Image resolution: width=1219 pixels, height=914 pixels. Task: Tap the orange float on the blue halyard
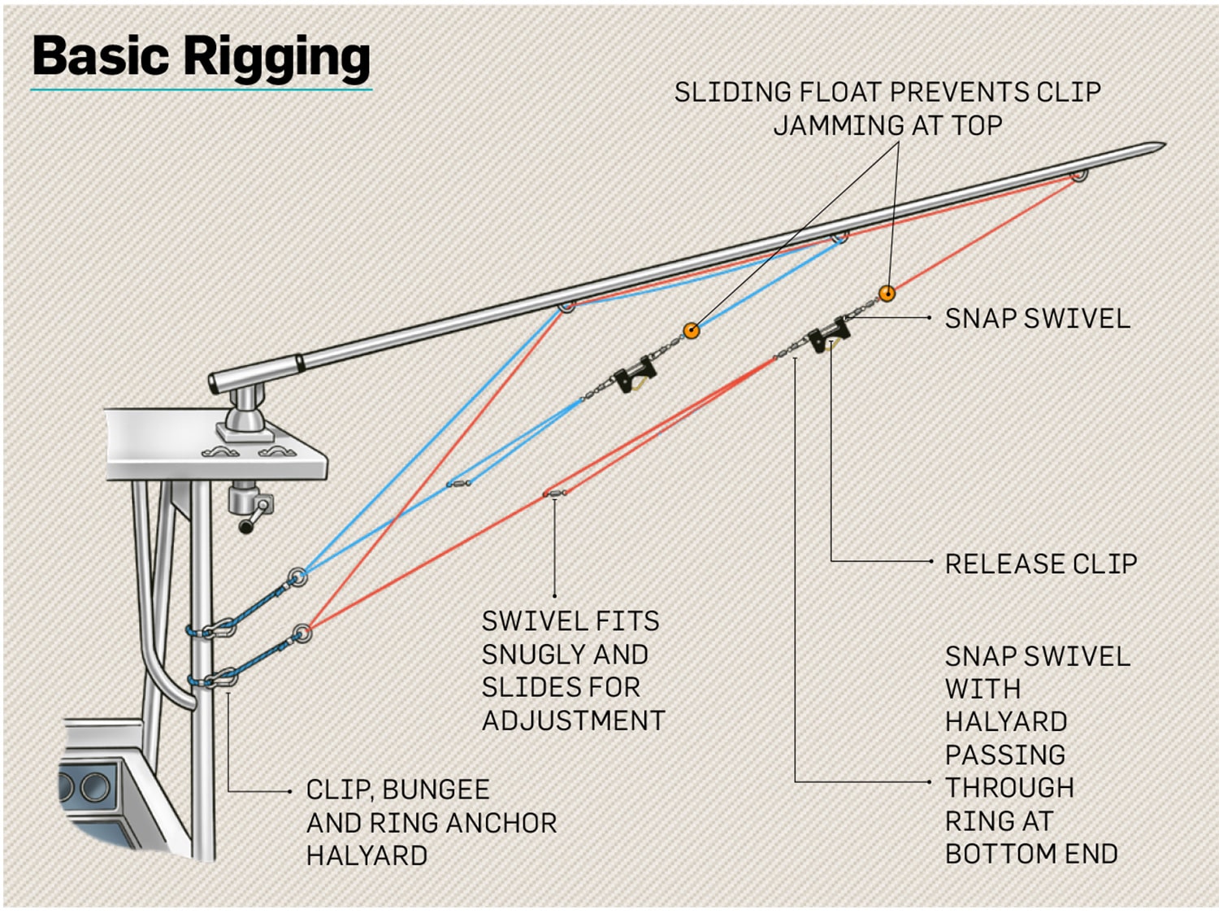tap(692, 330)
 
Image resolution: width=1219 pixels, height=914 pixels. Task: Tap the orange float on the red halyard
tap(887, 294)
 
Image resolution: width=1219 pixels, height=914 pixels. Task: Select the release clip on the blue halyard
tap(634, 374)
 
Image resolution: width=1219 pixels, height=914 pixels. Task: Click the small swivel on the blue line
tap(459, 484)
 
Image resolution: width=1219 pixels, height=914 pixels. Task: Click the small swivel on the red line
tap(555, 493)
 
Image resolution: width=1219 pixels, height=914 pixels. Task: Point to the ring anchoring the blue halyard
tap(298, 577)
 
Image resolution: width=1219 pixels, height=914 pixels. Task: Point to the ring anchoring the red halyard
tap(302, 632)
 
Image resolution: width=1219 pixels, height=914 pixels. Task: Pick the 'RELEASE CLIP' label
tap(1040, 564)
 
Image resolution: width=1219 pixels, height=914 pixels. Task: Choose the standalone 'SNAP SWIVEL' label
tap(1037, 318)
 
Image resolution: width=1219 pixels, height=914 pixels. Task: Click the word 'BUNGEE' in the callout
tap(436, 790)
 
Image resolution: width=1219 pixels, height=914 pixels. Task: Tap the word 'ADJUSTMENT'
tap(573, 720)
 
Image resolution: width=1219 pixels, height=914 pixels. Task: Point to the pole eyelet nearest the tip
tap(1078, 174)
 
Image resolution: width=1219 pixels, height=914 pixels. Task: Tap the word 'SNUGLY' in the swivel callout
tap(565, 655)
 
